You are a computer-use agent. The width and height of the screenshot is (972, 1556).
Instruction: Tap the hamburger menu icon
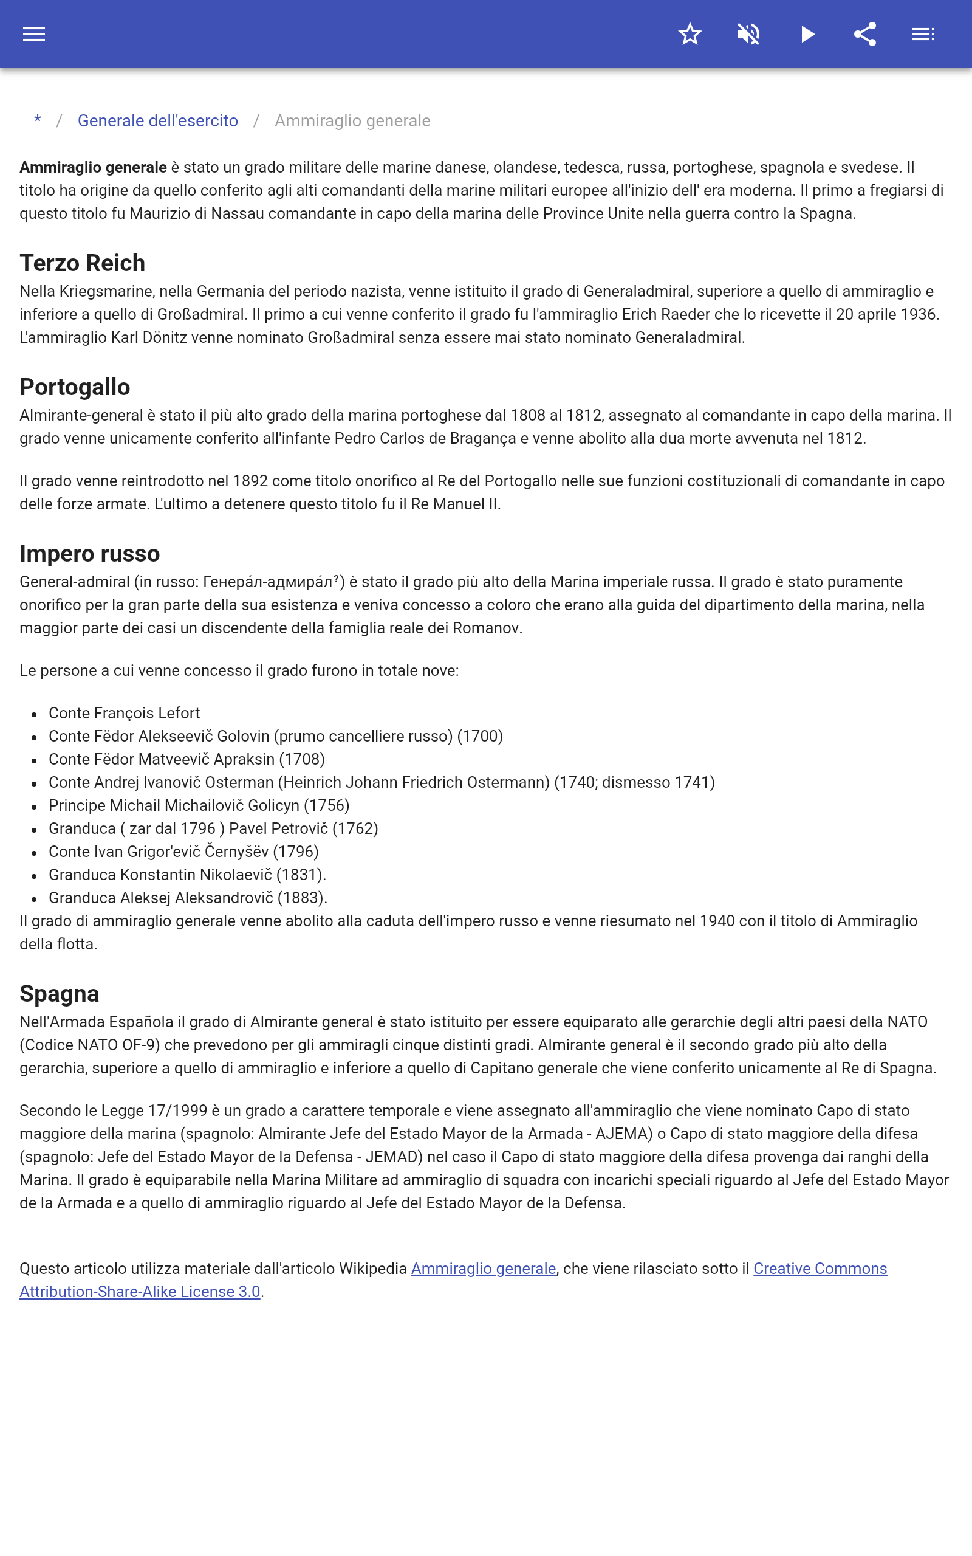pos(34,34)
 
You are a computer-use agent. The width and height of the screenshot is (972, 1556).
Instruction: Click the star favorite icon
pos(690,34)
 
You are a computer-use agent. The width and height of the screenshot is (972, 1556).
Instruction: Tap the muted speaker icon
pos(748,34)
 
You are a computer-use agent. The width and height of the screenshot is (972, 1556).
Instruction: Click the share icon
pos(865,34)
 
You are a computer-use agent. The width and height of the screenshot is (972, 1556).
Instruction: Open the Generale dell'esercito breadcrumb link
pos(157,121)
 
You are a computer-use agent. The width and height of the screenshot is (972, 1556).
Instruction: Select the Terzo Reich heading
pos(82,263)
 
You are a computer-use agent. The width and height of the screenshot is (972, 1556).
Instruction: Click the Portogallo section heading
pos(75,387)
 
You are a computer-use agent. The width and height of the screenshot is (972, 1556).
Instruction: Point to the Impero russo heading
pos(89,554)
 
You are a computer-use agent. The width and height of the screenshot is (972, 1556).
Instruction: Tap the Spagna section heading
pos(59,993)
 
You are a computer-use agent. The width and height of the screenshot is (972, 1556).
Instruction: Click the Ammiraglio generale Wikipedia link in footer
pos(484,1269)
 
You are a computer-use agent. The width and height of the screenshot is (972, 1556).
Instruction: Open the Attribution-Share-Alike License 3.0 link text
pos(140,1292)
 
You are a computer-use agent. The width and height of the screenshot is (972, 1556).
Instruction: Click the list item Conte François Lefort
pos(124,713)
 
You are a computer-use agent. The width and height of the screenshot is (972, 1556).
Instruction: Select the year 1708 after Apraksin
pos(302,759)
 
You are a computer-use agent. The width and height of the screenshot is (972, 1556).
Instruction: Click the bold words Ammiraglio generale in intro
pos(93,167)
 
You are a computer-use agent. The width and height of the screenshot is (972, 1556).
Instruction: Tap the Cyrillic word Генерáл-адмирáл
pos(267,582)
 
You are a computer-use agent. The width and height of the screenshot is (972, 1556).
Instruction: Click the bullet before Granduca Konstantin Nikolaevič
pos(34,876)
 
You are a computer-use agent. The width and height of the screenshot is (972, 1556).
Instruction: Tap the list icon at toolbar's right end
pos(923,34)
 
